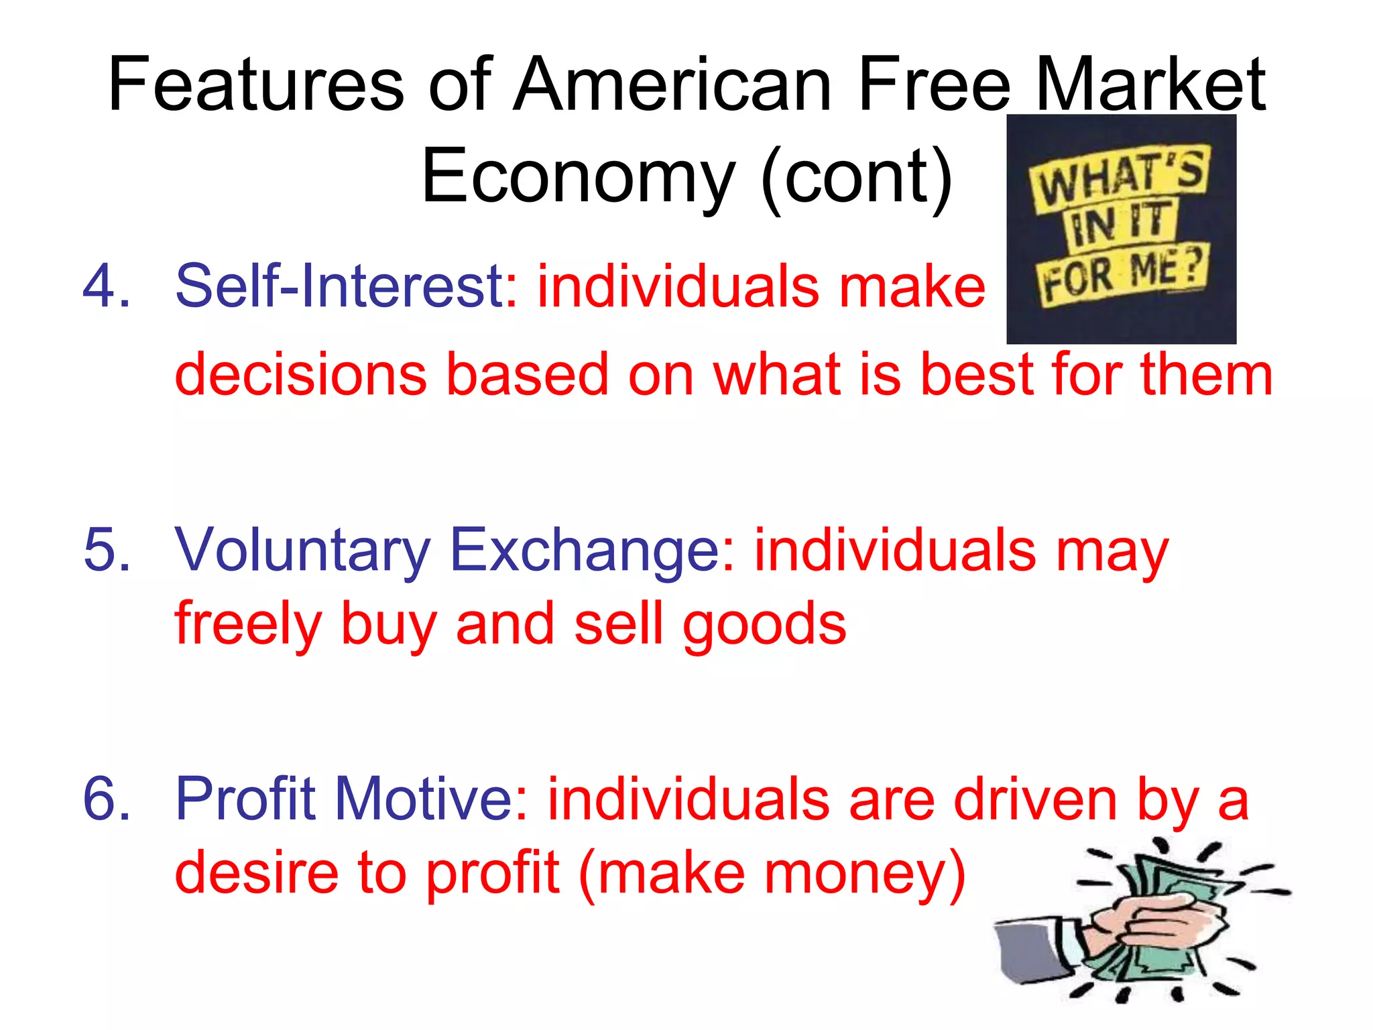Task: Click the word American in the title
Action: [672, 85]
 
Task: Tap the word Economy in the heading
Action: [578, 176]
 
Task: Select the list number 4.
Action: [106, 286]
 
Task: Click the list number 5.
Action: [106, 550]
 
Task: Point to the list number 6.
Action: [106, 798]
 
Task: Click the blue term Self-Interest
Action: [340, 286]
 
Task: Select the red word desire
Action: [257, 873]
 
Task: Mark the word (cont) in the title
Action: [856, 176]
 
